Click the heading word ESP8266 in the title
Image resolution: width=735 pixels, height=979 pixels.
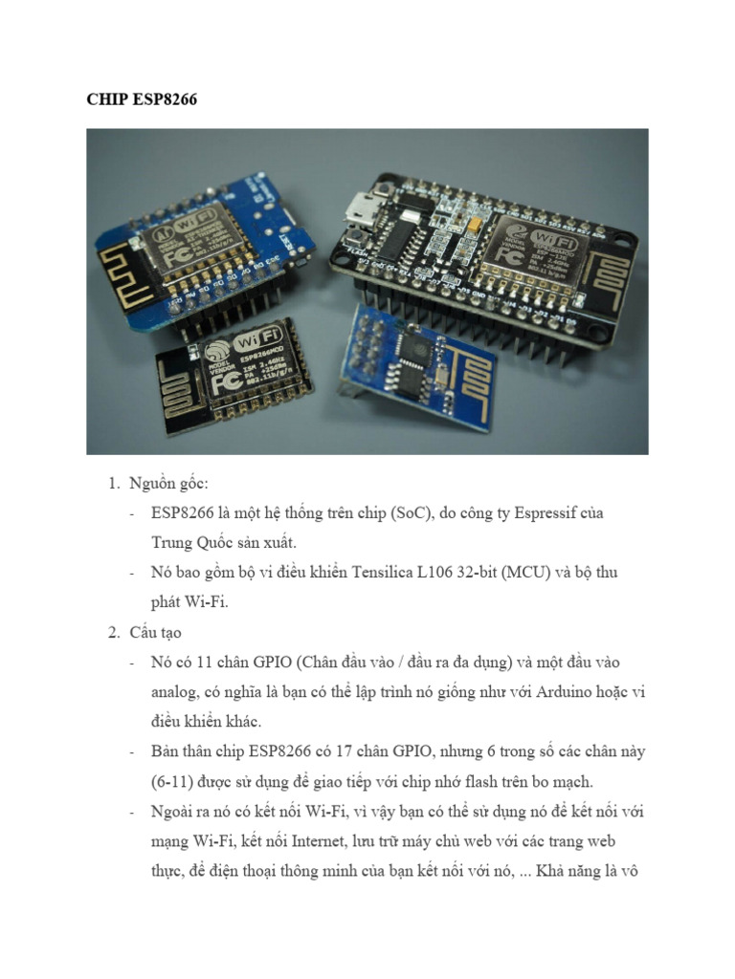pos(162,99)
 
